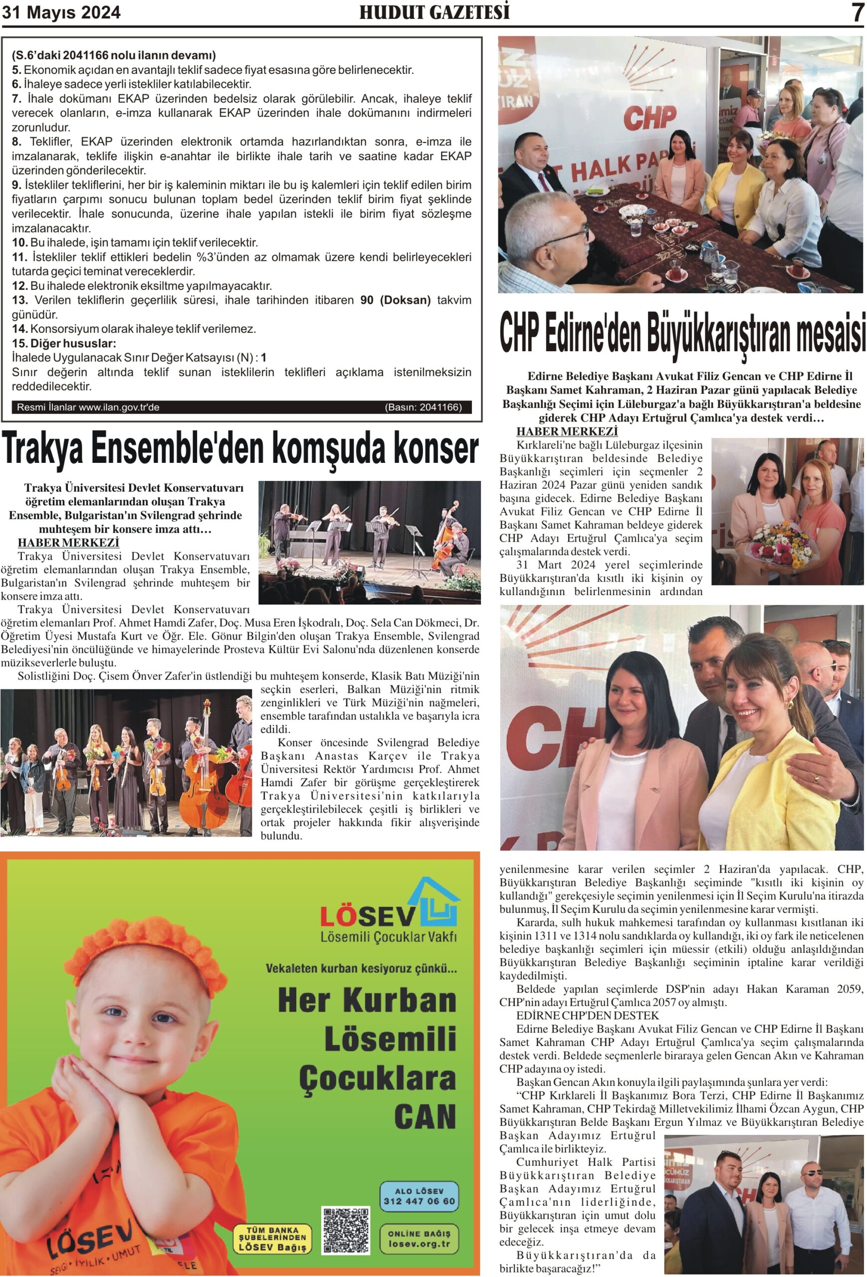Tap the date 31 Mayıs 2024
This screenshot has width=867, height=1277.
[x=61, y=12]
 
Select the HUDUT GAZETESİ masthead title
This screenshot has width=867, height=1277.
[x=434, y=12]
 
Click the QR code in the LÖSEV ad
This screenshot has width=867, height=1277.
[x=346, y=1230]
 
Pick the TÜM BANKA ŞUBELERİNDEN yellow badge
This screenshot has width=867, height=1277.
[x=272, y=1239]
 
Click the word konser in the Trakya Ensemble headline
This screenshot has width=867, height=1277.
[x=423, y=449]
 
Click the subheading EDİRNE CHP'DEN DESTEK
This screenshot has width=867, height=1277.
[x=587, y=1015]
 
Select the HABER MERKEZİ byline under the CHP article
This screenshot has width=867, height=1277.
[x=567, y=431]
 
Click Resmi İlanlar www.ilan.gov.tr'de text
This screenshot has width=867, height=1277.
[x=88, y=407]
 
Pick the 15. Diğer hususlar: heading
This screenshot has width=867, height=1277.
[x=64, y=343]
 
